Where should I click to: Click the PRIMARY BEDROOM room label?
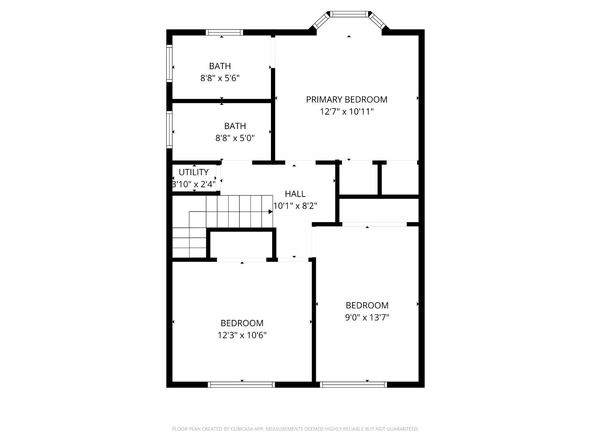click(x=346, y=99)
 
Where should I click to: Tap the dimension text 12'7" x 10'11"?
click(x=346, y=111)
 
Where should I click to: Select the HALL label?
click(x=295, y=194)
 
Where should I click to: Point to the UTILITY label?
click(x=194, y=172)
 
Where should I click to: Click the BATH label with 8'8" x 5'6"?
click(x=220, y=66)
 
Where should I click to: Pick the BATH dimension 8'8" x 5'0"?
click(x=235, y=138)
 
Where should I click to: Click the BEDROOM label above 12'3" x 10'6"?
click(x=242, y=323)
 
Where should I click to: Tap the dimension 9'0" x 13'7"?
click(x=367, y=317)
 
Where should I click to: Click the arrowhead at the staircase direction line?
click(x=270, y=212)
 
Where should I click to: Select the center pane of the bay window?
click(x=349, y=14)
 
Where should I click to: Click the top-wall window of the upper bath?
click(x=224, y=32)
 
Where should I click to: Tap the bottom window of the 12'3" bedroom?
click(x=241, y=385)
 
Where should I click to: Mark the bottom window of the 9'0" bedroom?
click(x=353, y=385)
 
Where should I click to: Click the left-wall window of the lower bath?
click(x=169, y=129)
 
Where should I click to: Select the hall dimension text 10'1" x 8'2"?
click(x=295, y=206)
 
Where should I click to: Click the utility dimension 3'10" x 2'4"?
click(x=194, y=184)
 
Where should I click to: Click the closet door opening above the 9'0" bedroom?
click(x=374, y=224)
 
